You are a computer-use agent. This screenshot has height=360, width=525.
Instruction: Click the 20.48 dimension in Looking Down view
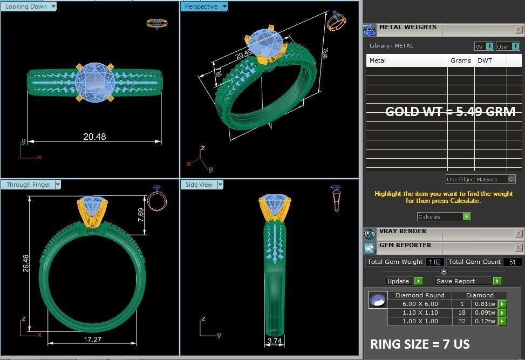tap(94, 137)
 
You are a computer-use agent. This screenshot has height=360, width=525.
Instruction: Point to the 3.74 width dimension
tap(275, 341)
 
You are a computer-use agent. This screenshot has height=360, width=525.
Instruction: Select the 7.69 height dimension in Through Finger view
tap(141, 215)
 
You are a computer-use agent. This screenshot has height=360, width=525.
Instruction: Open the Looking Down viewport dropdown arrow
tap(53, 6)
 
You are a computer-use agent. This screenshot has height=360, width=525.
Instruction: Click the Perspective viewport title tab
tap(201, 6)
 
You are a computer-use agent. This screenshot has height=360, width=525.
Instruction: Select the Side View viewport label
tap(199, 185)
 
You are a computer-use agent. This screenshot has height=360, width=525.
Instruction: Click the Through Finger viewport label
tap(28, 185)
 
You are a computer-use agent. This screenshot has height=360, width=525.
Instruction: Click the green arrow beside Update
tap(419, 281)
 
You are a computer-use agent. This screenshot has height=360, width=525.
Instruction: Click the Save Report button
tap(463, 281)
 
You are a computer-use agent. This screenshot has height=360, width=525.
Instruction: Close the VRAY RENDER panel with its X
tap(519, 234)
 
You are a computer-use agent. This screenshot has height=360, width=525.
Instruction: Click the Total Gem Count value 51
tap(512, 262)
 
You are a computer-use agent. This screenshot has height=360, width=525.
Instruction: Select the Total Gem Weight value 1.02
tap(434, 262)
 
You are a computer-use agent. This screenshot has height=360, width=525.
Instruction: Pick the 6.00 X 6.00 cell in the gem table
tap(420, 304)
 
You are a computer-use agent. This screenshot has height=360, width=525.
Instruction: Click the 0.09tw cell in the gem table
tap(484, 313)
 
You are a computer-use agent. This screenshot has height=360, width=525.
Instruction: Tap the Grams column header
tap(460, 60)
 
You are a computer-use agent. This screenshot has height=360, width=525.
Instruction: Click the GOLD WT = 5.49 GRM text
tap(450, 112)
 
